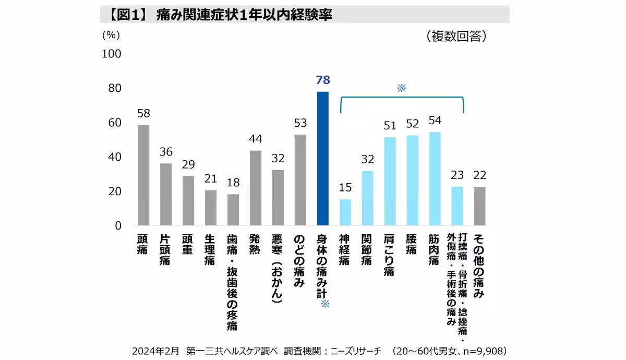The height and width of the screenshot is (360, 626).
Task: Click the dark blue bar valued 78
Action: [x=323, y=159]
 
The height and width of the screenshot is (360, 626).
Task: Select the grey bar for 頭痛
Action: [x=143, y=175]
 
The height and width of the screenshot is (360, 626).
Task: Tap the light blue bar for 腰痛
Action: [x=412, y=180]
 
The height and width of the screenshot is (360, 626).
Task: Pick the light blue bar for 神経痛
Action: [x=345, y=212]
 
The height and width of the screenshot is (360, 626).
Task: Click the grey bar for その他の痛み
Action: [x=479, y=206]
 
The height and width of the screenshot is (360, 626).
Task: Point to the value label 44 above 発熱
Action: [x=256, y=139]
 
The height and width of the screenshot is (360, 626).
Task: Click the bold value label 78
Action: [x=323, y=80]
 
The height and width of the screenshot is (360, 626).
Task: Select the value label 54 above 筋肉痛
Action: [x=435, y=120]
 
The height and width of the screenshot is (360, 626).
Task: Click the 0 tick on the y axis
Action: [x=117, y=226]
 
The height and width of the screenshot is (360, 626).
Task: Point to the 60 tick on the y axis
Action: [x=114, y=123]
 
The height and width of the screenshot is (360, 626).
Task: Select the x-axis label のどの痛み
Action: [x=300, y=260]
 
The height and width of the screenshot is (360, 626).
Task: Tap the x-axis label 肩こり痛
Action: [x=390, y=255]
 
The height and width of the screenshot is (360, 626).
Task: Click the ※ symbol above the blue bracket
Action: [x=401, y=88]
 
